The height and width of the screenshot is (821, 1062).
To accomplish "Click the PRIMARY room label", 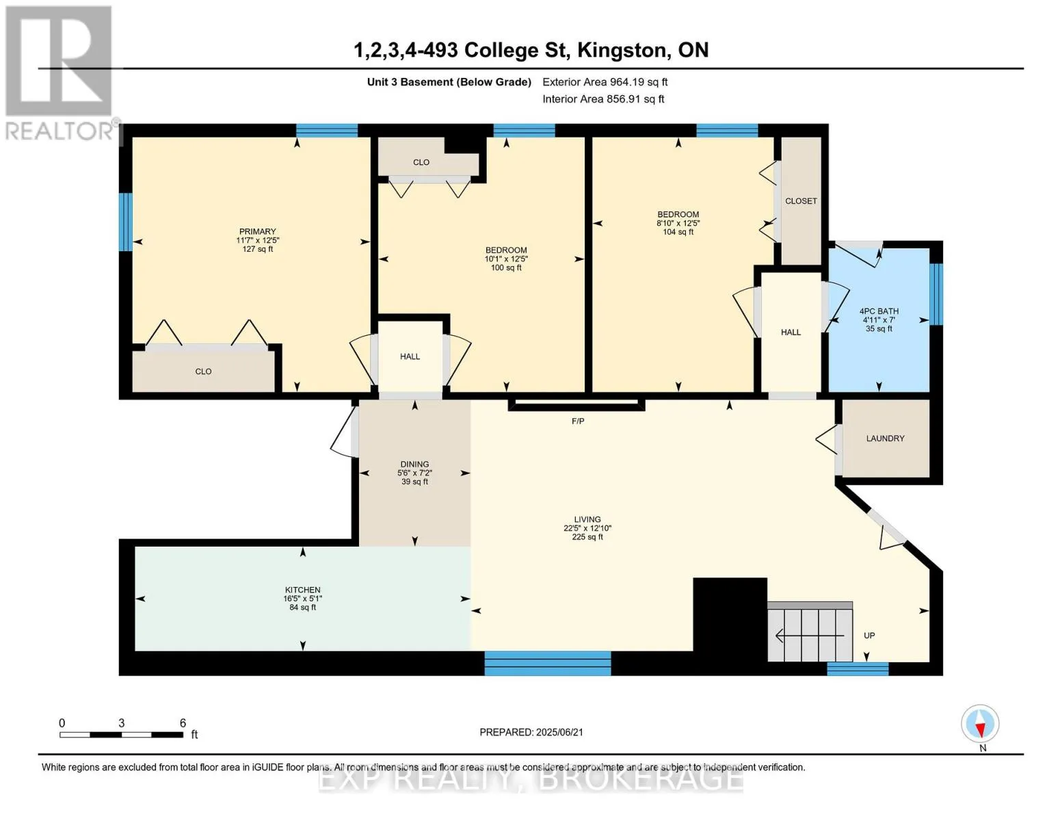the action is click(x=257, y=231).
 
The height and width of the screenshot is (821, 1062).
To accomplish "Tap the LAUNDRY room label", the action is click(x=885, y=438).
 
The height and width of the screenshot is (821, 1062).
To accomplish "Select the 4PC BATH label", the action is click(x=879, y=311).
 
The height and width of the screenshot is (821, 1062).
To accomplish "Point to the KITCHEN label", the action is click(x=302, y=590).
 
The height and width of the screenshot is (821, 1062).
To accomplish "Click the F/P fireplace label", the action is click(x=578, y=421).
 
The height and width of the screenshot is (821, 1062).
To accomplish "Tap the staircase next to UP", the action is click(x=810, y=631).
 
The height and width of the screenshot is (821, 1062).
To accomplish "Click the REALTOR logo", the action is click(x=59, y=73).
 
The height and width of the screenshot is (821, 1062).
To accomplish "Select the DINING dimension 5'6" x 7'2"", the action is click(x=414, y=473).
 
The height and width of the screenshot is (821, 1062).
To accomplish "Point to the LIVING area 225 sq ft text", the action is click(x=587, y=537).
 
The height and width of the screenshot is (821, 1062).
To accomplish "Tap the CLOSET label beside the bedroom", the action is click(x=801, y=201).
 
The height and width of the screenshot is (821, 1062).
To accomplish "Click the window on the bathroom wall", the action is click(x=936, y=294).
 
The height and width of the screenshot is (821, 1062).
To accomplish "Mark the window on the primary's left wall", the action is click(x=126, y=222).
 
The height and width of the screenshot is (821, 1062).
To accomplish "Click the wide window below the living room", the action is click(x=547, y=663).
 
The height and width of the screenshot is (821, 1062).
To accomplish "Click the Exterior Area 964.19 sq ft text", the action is click(x=605, y=82).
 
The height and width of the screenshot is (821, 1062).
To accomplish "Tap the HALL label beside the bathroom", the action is click(x=791, y=333).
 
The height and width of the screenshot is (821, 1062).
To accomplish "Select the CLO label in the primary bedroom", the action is click(x=203, y=372).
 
